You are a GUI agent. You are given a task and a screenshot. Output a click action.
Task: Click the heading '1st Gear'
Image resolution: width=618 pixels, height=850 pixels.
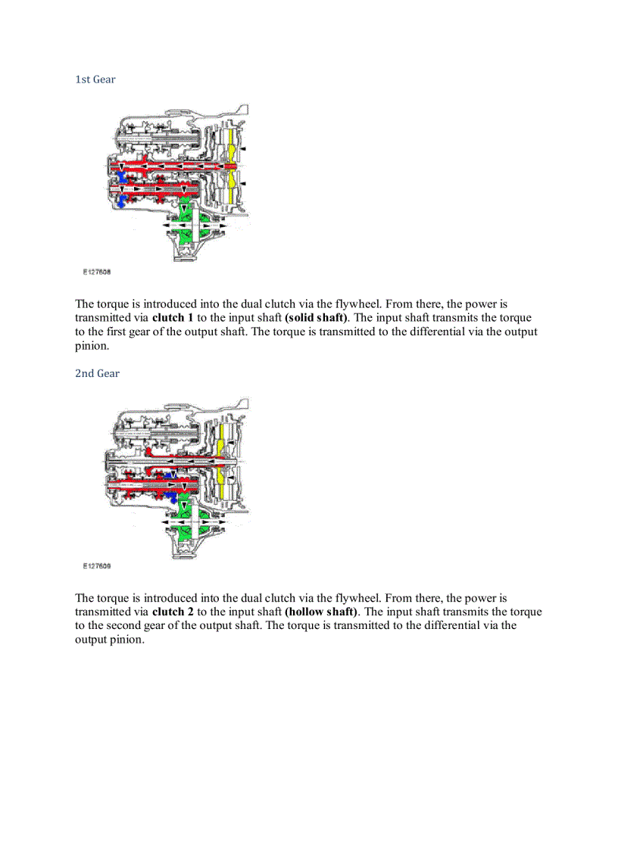coord(95,79)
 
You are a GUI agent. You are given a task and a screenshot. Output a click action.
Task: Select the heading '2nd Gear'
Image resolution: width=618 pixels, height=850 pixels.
coord(97,373)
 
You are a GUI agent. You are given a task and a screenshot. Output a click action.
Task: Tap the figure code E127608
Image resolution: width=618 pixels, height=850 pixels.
coord(98,271)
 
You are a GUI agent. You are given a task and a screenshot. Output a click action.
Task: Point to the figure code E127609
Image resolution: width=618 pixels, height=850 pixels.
coord(98,565)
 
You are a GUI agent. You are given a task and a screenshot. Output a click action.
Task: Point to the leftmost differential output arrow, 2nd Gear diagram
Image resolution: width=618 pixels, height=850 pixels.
coord(168,522)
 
